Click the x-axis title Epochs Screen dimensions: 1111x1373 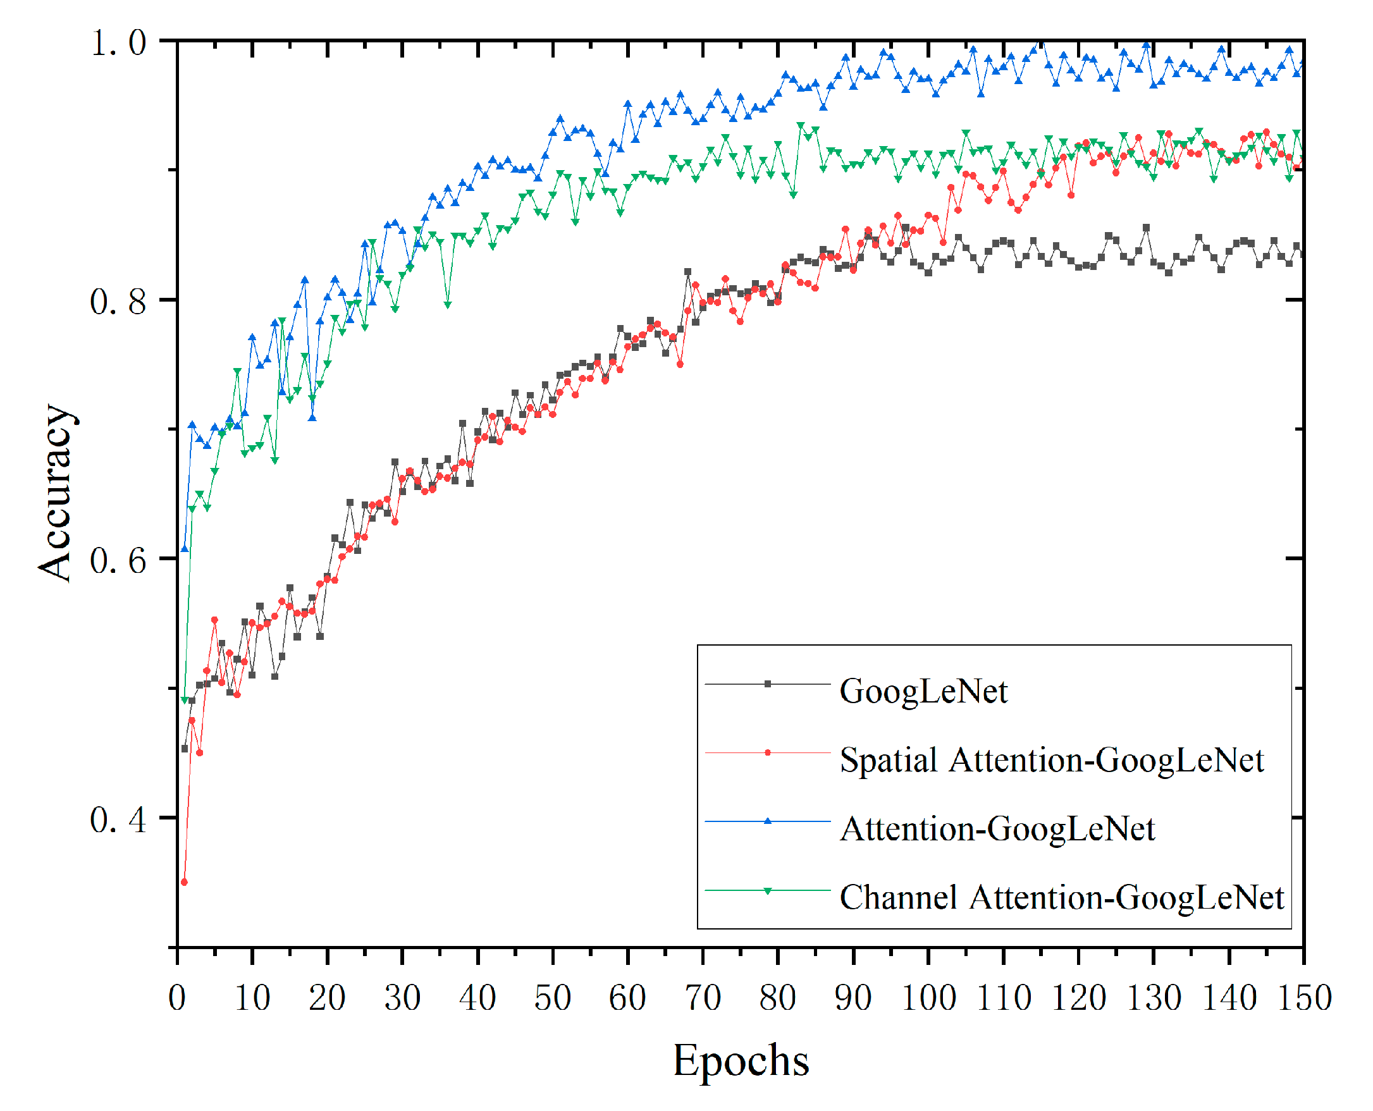[x=741, y=1061]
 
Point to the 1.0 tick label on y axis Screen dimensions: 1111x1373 [x=118, y=44]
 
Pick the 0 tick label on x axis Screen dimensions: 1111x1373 [x=177, y=998]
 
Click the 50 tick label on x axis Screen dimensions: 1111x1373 [x=552, y=998]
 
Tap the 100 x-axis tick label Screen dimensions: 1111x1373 [x=928, y=998]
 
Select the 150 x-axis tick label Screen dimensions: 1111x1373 [x=1304, y=998]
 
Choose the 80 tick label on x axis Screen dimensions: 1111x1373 [x=778, y=998]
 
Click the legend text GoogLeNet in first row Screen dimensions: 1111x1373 [x=923, y=692]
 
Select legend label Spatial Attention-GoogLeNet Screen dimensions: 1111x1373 [x=1051, y=761]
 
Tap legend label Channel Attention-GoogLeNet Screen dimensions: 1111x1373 [x=1061, y=898]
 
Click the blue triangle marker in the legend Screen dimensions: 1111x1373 [x=768, y=821]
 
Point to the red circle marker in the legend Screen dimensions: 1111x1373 [x=768, y=752]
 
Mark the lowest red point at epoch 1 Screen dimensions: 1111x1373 [x=184, y=883]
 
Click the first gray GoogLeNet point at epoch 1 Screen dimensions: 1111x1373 [x=184, y=749]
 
